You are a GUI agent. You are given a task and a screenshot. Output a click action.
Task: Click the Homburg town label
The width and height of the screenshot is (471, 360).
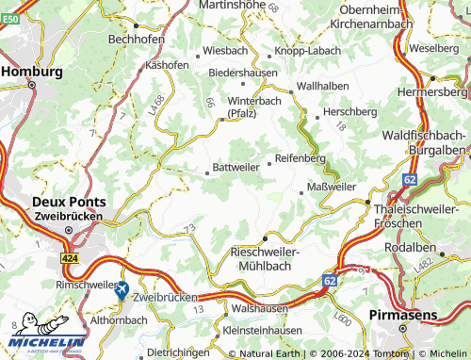point(32,71)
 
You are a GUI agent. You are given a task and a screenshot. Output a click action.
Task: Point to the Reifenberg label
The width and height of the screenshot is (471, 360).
point(300,158)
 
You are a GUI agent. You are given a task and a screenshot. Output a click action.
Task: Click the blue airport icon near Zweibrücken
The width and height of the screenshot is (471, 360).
point(121,292)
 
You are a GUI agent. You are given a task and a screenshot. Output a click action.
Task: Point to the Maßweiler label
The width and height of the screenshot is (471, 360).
point(332,187)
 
